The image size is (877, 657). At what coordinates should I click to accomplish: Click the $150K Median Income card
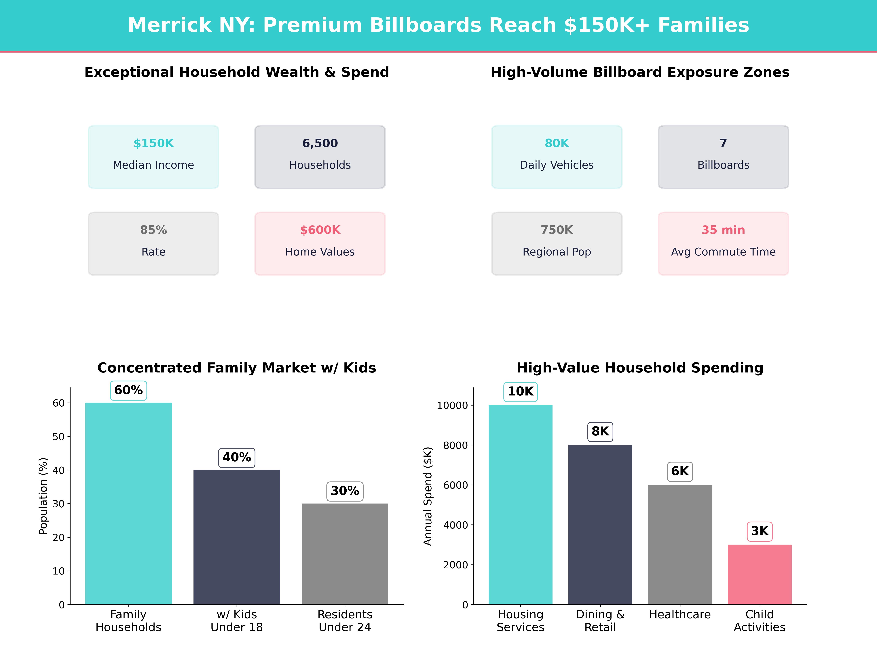point(153,157)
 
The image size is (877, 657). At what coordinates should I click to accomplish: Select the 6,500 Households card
point(320,157)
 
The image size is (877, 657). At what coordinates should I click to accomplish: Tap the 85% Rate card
point(153,244)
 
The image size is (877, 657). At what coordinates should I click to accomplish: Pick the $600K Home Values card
point(320,244)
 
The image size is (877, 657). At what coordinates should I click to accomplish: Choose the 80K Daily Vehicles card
point(557,157)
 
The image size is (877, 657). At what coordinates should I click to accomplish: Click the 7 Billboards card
point(723,157)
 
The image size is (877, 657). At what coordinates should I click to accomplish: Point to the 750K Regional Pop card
point(557,244)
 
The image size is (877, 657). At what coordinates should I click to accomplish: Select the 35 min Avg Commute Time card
point(723,244)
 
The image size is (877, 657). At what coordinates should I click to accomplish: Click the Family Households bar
point(128,503)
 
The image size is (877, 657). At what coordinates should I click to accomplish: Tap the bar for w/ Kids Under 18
point(237,537)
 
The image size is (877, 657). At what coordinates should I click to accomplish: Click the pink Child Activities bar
point(759,574)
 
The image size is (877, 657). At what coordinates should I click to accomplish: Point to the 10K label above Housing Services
point(521,392)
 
